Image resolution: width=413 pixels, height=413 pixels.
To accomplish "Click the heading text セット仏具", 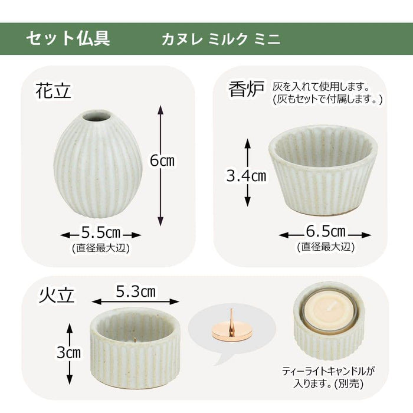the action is pos(68,38).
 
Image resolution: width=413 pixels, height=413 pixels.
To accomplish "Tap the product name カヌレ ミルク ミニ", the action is pos(221,40).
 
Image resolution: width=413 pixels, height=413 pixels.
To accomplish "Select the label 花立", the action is pos(54,91).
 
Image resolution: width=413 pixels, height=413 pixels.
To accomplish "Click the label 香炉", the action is pos(246,89).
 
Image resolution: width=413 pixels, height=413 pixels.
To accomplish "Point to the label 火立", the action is pos(57,295).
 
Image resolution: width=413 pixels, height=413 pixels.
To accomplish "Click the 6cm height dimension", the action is pos(162,160).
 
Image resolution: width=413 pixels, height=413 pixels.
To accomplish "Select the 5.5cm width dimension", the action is pos(101,232).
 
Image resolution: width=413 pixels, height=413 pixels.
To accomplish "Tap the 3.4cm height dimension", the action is pos(246,175).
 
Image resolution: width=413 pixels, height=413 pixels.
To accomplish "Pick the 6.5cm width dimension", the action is pos(326,231).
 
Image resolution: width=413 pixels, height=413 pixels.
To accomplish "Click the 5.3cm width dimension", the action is pos(136,291).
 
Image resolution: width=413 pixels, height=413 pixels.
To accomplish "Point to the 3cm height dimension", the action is pos(69,352).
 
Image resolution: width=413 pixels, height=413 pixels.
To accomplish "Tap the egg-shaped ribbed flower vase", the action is pos(98,164).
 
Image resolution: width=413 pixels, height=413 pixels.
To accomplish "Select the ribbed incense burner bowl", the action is pos(323,171).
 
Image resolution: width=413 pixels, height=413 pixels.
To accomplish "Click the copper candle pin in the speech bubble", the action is pos(231,327).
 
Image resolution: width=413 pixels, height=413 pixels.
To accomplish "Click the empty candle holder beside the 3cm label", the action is pos(135,348).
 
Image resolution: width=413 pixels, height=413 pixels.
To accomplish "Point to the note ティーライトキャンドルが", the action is pos(328,371).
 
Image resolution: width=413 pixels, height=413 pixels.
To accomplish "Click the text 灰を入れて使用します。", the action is pos(321,86).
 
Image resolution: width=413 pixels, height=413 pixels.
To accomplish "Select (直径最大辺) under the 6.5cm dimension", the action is pos(326,247).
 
